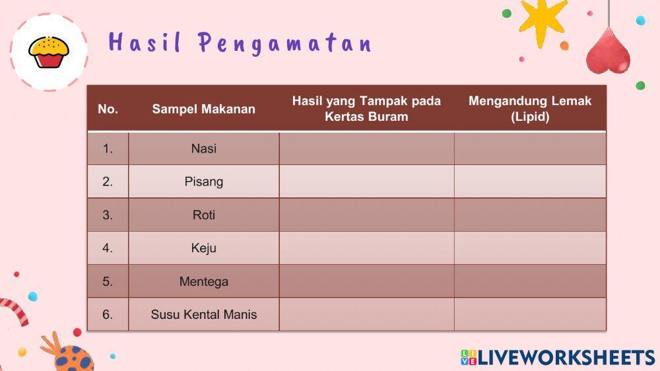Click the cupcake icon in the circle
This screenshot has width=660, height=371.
pos(49,52)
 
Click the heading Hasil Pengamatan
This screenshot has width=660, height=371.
pos(240,44)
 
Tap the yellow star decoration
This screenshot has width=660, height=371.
pos(543,20)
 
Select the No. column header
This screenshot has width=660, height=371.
pos(108,109)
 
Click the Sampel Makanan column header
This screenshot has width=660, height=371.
pos(203,109)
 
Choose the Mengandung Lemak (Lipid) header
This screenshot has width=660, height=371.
pos(530,109)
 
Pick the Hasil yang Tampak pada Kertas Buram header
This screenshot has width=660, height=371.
pos(366,109)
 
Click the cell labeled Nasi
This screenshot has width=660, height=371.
pos(203,149)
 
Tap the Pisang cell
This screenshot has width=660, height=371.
pos(203,182)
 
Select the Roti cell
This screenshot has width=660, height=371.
pos(203,215)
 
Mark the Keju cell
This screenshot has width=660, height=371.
pos(203,248)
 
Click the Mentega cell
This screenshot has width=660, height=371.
pos(203,281)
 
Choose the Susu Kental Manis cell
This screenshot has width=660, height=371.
pos(203,314)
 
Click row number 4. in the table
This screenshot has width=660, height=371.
pos(108,248)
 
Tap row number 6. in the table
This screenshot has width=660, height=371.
pos(108,314)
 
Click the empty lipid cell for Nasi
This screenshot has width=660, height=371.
pos(530,149)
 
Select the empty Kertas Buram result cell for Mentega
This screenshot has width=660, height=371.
pos(366,281)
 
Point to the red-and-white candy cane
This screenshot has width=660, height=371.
pos(15,310)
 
